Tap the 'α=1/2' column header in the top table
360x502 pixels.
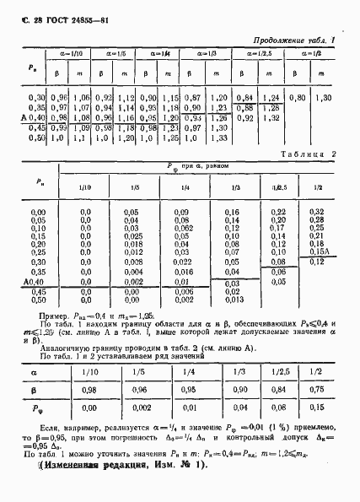[309, 54]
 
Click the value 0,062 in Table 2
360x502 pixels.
[183, 228]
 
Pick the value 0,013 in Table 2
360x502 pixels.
[234, 300]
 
